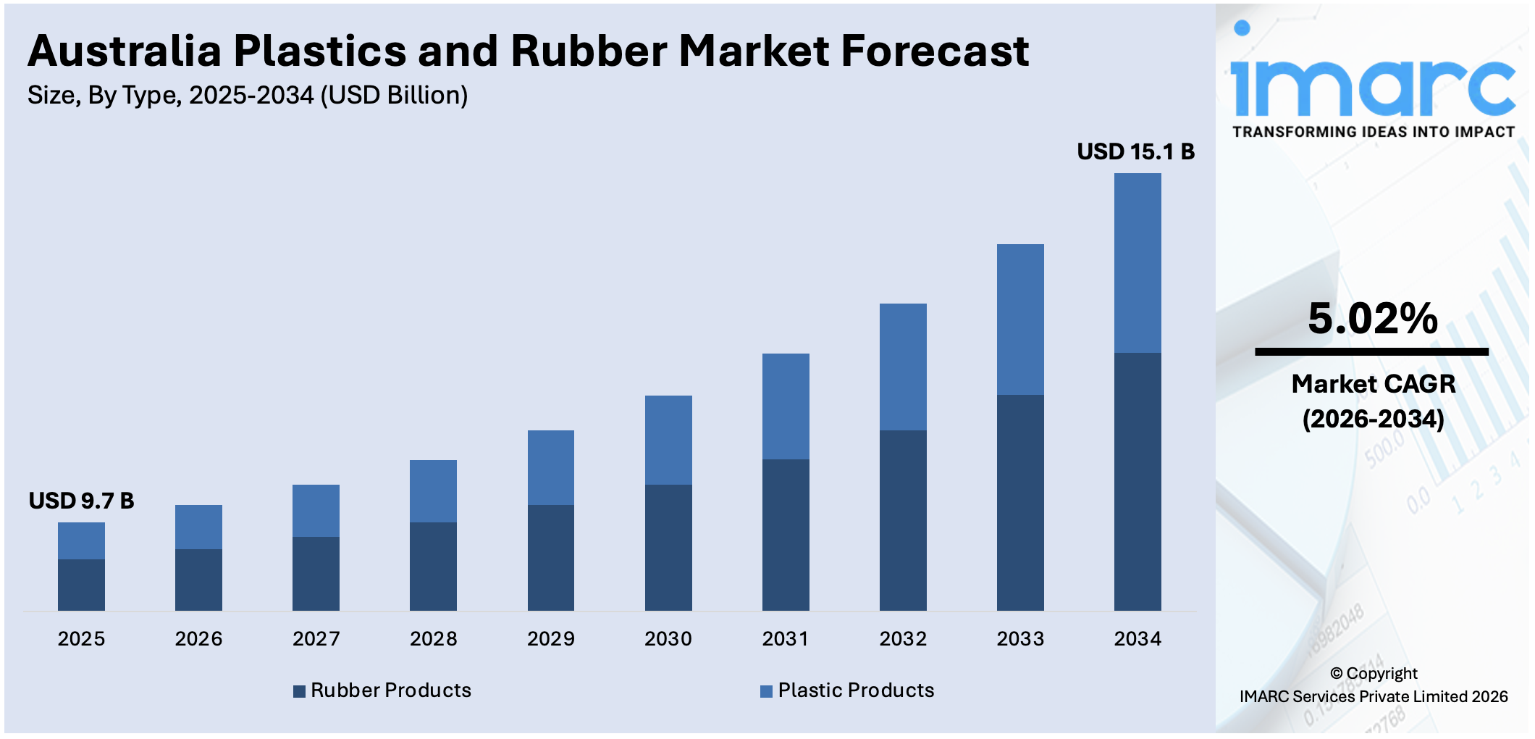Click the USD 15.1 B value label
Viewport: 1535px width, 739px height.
click(x=1135, y=151)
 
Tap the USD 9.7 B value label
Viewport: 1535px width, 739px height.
click(x=81, y=501)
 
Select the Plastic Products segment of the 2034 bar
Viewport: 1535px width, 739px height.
click(x=1137, y=262)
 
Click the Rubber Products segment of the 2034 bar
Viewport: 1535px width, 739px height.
click(x=1137, y=482)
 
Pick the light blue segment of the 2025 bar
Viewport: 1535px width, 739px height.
click(x=81, y=540)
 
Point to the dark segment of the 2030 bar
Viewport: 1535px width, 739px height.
click(x=668, y=547)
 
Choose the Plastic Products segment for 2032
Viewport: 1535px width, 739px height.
click(x=903, y=367)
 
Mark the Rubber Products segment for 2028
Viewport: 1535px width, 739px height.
click(x=433, y=566)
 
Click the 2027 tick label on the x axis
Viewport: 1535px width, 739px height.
click(x=316, y=639)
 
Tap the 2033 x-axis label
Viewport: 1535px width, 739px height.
click(x=1020, y=639)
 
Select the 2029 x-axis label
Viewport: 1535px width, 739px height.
click(x=550, y=639)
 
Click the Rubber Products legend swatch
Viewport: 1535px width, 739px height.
click(x=299, y=691)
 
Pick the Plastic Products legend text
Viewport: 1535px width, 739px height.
click(x=856, y=690)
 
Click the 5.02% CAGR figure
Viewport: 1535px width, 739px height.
click(x=1372, y=319)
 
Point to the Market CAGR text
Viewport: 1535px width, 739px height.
click(x=1373, y=384)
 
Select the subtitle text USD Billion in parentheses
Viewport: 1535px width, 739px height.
click(x=394, y=96)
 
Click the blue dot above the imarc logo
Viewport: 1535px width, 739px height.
click(x=1242, y=28)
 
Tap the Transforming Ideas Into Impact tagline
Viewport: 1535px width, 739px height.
click(x=1374, y=132)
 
